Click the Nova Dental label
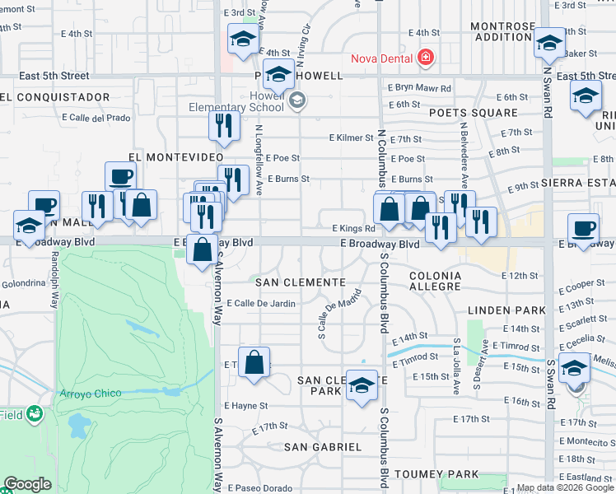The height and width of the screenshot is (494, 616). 382,58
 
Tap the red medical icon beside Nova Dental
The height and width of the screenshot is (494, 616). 425,58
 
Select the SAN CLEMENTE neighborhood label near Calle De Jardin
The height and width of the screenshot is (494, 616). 300,282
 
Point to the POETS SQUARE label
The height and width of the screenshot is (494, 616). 473,113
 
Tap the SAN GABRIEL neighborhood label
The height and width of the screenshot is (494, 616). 322,447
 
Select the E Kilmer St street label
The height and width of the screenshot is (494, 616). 349,137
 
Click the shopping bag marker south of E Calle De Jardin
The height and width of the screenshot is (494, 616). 254,362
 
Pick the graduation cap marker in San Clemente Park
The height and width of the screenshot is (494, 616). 362,385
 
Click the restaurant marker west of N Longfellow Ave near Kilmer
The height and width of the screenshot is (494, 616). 223,124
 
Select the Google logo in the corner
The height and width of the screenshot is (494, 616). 28,485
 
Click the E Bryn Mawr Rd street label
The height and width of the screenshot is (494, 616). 419,88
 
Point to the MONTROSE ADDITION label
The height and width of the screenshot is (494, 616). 502,31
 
